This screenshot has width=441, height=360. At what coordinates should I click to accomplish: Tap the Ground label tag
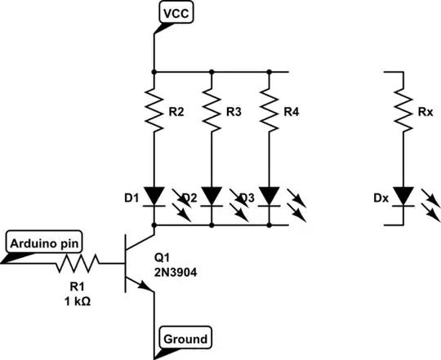click(x=185, y=338)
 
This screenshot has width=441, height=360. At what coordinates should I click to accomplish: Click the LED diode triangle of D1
click(x=154, y=196)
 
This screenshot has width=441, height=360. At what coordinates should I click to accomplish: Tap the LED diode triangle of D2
click(x=212, y=196)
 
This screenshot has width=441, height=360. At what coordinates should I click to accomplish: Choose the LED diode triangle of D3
click(x=269, y=196)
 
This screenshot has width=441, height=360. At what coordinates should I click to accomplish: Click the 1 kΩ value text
click(x=78, y=301)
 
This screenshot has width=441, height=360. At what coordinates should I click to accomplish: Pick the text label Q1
click(x=162, y=257)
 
